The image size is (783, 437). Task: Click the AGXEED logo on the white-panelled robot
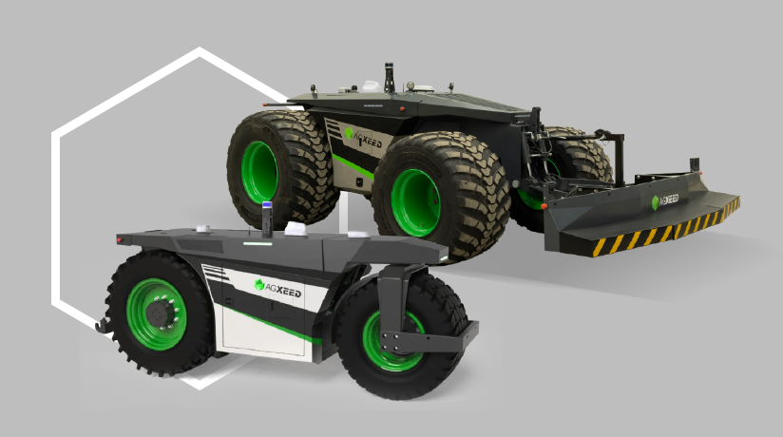point(277,288)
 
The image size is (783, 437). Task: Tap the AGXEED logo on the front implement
point(664,200)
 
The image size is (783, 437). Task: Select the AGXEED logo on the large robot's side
point(363,139)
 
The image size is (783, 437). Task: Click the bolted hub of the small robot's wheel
point(162,313)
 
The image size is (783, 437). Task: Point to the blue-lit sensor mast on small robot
point(267,219)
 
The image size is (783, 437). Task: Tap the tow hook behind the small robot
point(103,326)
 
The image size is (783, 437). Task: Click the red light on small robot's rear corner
point(120,239)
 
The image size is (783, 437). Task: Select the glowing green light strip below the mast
point(258,244)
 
